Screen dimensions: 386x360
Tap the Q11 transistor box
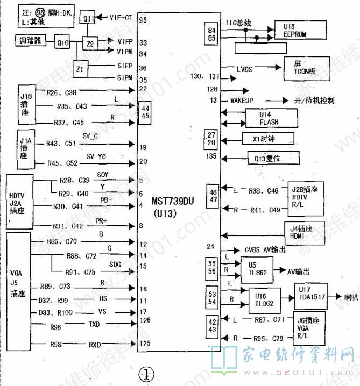tap(89, 19)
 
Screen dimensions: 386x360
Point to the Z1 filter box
tap(81, 69)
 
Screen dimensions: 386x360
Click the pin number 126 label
tap(144, 321)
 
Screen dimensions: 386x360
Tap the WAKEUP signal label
tap(242, 101)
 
